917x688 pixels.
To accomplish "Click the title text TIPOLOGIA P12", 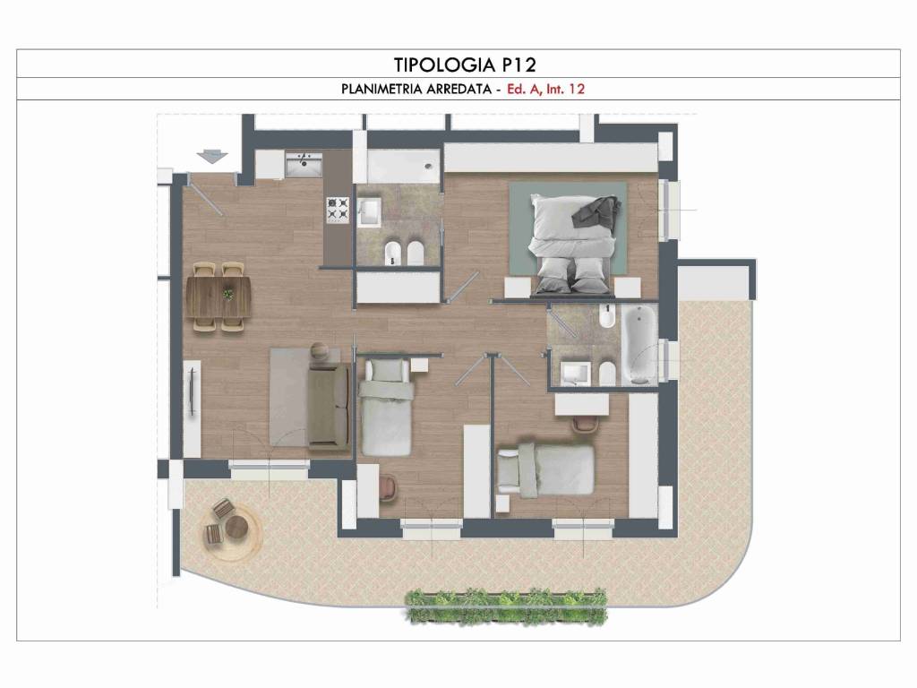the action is point(465,64).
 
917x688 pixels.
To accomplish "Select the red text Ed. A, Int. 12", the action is point(545,89).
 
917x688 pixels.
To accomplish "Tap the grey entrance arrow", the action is point(211,156).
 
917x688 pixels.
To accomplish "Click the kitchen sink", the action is point(304,165).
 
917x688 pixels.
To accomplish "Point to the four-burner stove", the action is point(338,210).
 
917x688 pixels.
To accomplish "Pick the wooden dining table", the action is point(219,297).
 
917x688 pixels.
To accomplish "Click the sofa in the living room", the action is point(330,406).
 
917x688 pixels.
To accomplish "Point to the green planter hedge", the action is point(507,606).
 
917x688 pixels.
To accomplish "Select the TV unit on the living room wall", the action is point(192,408).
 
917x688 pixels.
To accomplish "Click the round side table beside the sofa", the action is point(321,351).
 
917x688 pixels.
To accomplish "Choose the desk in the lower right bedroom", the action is point(582,405).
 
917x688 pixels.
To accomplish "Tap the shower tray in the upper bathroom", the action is point(403,166).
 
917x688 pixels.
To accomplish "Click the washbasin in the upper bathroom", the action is point(369,211).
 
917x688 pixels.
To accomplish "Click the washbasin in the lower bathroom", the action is point(576,374).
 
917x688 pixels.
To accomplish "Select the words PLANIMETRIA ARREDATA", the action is point(416,89).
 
